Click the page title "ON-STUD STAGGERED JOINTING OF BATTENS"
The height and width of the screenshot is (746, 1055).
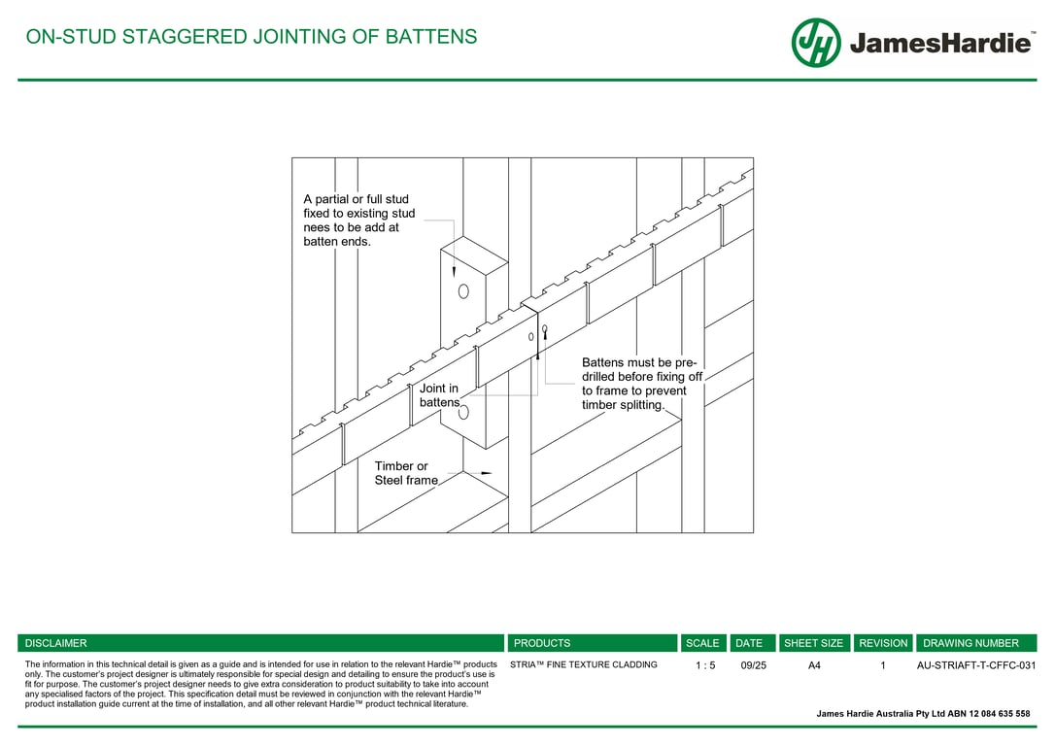251,36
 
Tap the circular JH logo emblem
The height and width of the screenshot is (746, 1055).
815,43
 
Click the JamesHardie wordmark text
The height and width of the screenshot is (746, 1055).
940,43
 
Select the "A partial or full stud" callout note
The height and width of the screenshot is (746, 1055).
359,220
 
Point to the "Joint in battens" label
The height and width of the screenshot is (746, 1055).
439,395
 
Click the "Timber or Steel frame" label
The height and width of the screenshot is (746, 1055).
406,473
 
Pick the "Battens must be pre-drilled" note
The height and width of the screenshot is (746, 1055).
642,384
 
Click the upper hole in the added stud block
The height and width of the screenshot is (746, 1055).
463,291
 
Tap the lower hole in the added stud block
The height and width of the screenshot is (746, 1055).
463,412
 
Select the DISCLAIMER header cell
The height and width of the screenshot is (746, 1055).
261,643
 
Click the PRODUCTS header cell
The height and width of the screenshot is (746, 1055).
592,643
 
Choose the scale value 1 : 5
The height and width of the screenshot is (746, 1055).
705,665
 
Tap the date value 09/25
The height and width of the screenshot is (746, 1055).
753,665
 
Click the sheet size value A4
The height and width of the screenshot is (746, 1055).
814,665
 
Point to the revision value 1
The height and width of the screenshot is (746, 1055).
883,665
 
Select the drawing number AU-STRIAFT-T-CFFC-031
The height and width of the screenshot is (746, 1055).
976,665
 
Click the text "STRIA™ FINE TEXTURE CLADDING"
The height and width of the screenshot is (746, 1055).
583,664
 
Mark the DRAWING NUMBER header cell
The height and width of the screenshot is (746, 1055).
976,643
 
